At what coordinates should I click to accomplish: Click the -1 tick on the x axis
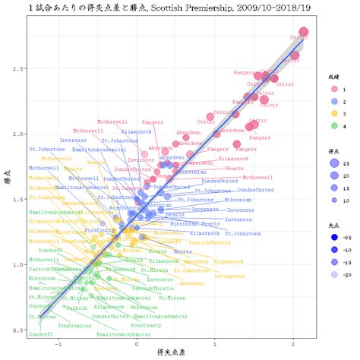[x=58, y=343]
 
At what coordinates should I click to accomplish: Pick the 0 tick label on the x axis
[x=137, y=343]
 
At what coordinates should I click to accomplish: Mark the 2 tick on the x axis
[x=295, y=343]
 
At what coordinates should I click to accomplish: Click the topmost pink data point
[x=304, y=32]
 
